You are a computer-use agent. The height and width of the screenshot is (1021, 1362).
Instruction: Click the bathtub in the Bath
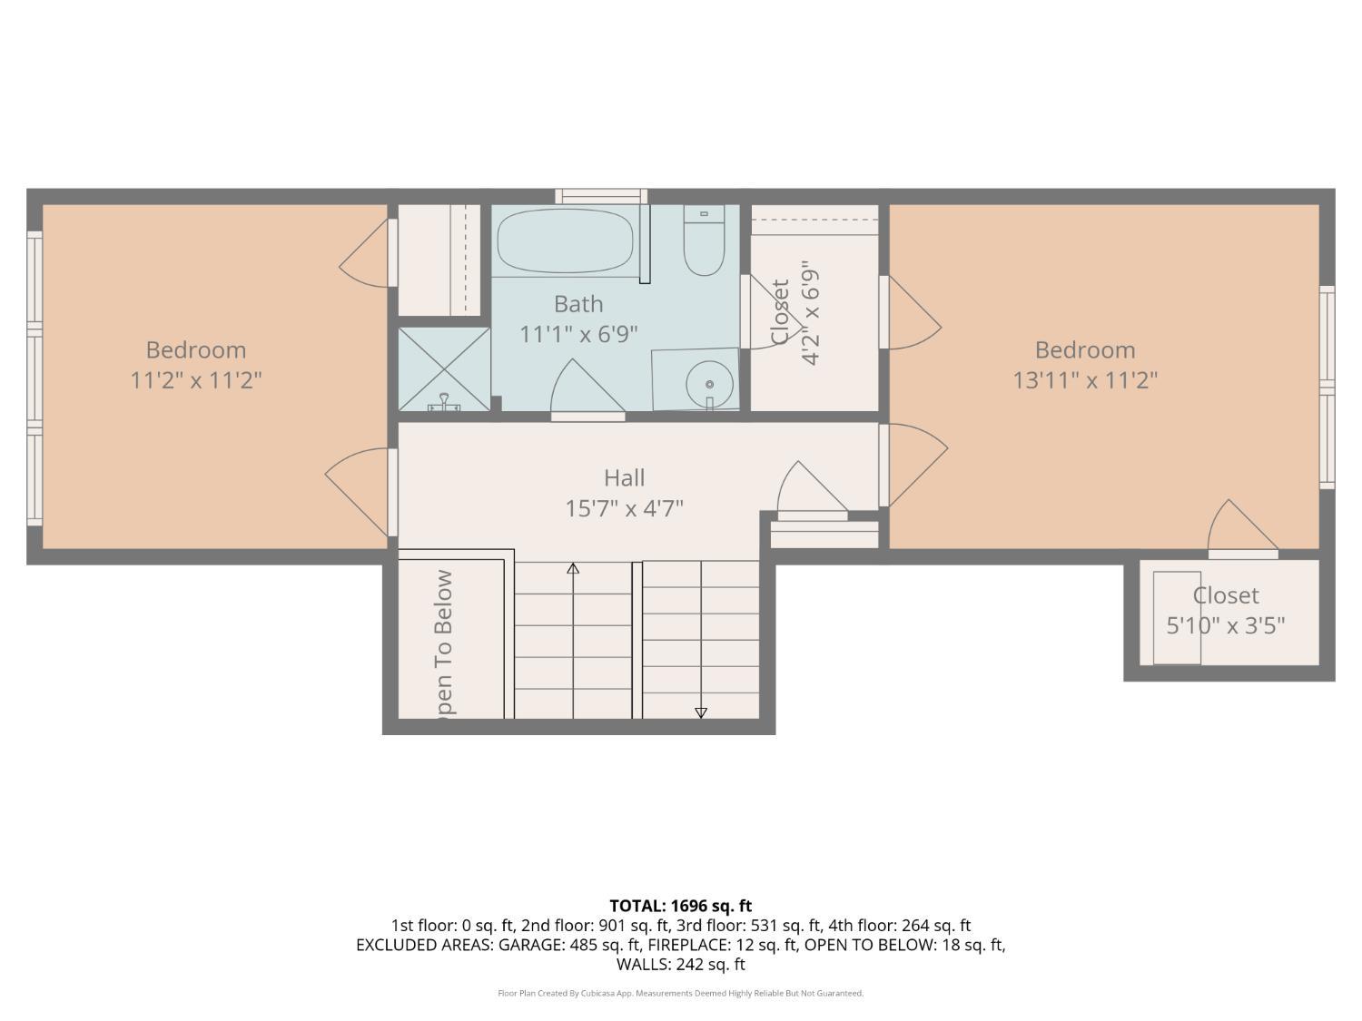pos(565,241)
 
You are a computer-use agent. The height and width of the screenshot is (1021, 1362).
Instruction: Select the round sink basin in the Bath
pos(708,384)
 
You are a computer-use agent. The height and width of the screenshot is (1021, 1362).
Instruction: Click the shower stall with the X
pos(444,368)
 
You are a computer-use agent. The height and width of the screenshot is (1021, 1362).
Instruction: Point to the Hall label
pos(624,477)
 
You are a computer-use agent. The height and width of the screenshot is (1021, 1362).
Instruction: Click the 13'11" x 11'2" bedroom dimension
pos(1085,379)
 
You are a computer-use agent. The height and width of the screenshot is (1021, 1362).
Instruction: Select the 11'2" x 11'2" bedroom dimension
pos(196,379)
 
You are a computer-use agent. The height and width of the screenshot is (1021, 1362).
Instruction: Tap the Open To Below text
pos(443,643)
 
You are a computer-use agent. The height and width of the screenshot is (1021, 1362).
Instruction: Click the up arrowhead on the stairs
pos(573,569)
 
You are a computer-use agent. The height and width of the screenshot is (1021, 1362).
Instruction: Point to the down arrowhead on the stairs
pos(701,712)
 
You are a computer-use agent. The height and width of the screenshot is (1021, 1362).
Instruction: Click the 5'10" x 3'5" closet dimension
pos(1225,625)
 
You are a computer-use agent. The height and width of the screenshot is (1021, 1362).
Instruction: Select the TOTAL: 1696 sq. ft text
pos(680,905)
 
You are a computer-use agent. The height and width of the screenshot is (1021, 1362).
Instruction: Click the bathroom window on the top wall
pos(601,196)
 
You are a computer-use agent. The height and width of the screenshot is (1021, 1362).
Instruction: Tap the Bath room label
pos(578,304)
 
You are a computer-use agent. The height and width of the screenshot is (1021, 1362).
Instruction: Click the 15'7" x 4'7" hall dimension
pos(624,508)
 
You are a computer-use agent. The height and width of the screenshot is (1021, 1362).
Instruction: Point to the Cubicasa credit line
pos(680,993)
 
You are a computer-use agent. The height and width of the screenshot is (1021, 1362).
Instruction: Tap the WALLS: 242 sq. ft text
pos(680,964)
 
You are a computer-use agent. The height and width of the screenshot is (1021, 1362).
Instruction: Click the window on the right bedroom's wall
pos(1327,388)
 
